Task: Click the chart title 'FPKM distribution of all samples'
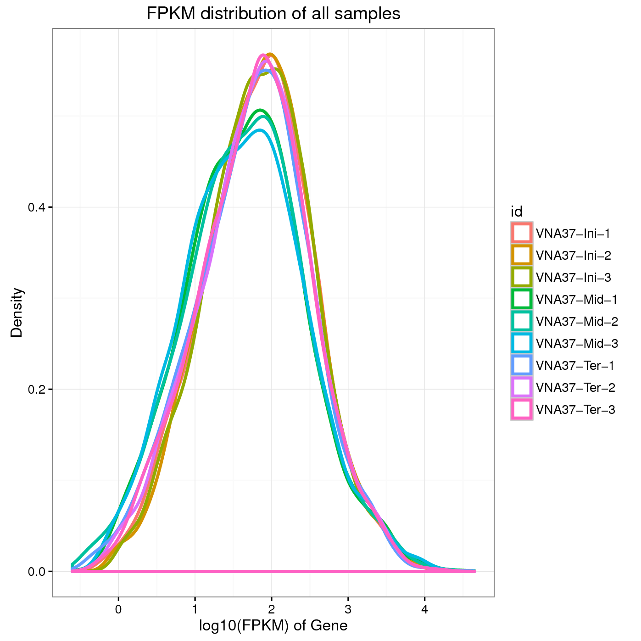[x=273, y=14]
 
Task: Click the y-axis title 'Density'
[x=17, y=312]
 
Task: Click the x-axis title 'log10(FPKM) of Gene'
[x=273, y=625]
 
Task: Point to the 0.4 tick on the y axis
[x=37, y=207]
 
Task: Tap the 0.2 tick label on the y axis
[x=37, y=390]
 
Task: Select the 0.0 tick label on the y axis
[x=37, y=572]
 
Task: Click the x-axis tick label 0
[x=118, y=610]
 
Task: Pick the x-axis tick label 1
[x=195, y=610]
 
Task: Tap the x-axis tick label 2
[x=272, y=610]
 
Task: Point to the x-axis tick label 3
[x=348, y=610]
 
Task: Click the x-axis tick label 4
[x=424, y=610]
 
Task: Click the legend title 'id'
[x=517, y=212]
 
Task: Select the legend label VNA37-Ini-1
[x=573, y=234]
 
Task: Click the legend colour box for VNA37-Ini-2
[x=522, y=255]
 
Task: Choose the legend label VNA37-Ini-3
[x=574, y=278]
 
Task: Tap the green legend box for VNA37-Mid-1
[x=522, y=299]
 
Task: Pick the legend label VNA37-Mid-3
[x=577, y=344]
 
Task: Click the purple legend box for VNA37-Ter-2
[x=522, y=387]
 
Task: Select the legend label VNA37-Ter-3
[x=575, y=410]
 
